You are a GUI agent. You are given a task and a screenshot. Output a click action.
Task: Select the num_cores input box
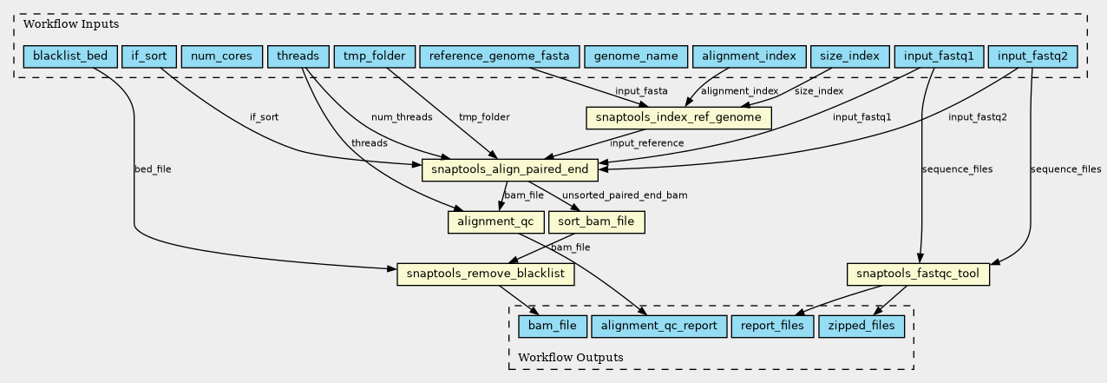tap(221, 56)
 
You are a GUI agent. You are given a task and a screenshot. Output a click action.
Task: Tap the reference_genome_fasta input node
tap(499, 56)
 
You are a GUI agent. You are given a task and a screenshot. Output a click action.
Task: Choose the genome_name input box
tap(635, 56)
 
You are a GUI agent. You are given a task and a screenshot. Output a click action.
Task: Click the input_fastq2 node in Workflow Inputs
tap(1032, 56)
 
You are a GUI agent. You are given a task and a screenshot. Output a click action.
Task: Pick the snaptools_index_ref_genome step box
tap(678, 117)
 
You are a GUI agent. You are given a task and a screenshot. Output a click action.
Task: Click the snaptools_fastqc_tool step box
tap(918, 274)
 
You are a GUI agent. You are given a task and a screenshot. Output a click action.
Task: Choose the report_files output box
tap(773, 327)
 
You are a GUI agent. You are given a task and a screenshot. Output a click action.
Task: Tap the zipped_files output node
tap(861, 327)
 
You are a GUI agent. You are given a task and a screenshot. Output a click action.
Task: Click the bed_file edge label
tap(153, 169)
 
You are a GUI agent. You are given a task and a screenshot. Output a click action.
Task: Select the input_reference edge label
tap(646, 143)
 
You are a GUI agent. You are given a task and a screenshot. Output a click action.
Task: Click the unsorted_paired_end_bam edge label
tap(625, 195)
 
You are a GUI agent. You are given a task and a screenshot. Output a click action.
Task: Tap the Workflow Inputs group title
tap(59, 23)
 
